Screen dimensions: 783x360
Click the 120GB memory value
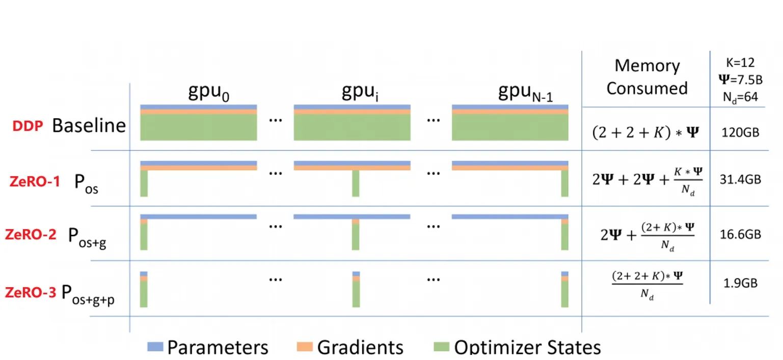[740, 132]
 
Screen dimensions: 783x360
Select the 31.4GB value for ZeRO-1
[740, 179]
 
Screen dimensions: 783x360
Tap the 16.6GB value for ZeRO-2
[740, 234]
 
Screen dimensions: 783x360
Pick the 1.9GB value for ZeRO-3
[740, 283]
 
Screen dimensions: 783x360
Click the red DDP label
[28, 126]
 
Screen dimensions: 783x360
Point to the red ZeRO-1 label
[35, 181]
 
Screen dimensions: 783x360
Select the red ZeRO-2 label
[31, 234]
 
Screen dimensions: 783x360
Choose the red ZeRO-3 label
[31, 292]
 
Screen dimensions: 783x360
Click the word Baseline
[89, 125]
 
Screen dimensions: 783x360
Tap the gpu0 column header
[209, 92]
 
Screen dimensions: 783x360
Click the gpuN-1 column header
[525, 92]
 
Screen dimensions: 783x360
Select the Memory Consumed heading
[647, 77]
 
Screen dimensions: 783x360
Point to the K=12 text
[740, 63]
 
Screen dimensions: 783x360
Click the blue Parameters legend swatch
[155, 346]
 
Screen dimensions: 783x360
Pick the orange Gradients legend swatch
[305, 346]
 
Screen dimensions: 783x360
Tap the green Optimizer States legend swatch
[441, 346]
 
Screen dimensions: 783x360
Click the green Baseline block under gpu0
[199, 127]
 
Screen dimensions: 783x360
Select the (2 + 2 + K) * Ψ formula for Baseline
[645, 132]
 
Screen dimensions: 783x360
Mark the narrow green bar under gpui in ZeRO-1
[356, 183]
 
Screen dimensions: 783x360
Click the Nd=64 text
[740, 97]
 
